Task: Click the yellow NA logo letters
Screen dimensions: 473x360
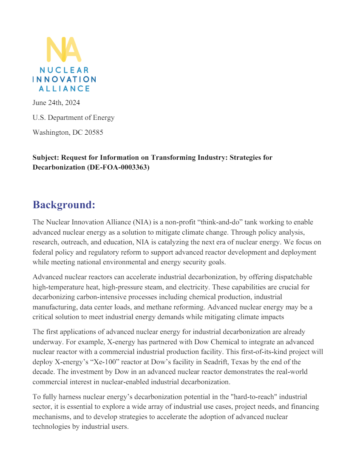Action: [x=64, y=49]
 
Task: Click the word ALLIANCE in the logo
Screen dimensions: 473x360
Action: [x=64, y=88]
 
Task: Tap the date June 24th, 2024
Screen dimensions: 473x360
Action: [x=56, y=102]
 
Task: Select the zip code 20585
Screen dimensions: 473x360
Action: [x=94, y=132]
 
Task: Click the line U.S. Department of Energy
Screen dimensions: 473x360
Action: [x=74, y=117]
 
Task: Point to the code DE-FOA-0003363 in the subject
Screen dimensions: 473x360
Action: [x=116, y=167]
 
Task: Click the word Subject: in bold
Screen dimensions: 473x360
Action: [x=45, y=157]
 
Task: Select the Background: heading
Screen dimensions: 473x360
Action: [x=64, y=204]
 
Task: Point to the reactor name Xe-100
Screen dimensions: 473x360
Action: [x=134, y=362]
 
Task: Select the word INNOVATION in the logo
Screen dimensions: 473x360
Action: [x=64, y=79]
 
